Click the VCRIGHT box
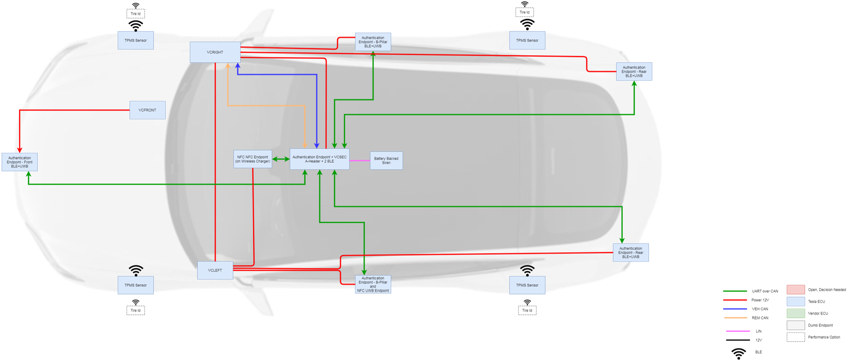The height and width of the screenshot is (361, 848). [x=215, y=52]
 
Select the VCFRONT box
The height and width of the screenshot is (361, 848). [x=147, y=110]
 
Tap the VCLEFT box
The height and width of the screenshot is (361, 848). [x=215, y=270]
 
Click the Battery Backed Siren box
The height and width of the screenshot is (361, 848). [x=386, y=161]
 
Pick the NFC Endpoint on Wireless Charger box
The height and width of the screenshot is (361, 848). [x=253, y=159]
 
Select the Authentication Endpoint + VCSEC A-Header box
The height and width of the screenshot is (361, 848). [x=320, y=159]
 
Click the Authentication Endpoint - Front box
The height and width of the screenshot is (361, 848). [x=19, y=162]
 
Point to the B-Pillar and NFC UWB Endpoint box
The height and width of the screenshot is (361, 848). [x=373, y=284]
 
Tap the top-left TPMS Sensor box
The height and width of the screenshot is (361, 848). [x=136, y=40]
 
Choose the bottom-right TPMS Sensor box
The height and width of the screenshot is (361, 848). [x=527, y=285]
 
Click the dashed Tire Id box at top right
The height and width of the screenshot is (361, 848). [x=525, y=12]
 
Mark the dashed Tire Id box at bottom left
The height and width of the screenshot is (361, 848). [x=136, y=310]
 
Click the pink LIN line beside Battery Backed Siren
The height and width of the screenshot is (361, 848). [x=360, y=161]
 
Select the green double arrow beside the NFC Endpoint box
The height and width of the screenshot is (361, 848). [x=281, y=159]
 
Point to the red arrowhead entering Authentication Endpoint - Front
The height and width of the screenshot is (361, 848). [x=19, y=150]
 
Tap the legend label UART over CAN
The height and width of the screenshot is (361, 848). [x=765, y=291]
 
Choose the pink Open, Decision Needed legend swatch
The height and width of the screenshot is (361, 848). [x=796, y=289]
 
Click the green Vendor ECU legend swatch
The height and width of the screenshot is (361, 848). [x=796, y=313]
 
